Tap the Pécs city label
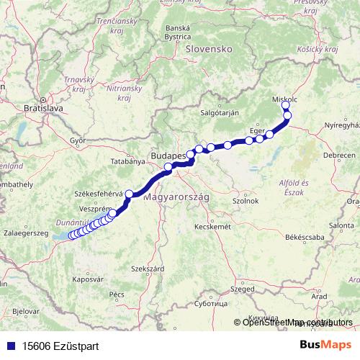[117, 294]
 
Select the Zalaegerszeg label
[26, 233]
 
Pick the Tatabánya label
[129, 161]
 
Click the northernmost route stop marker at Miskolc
[286, 105]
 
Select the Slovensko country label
[207, 49]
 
